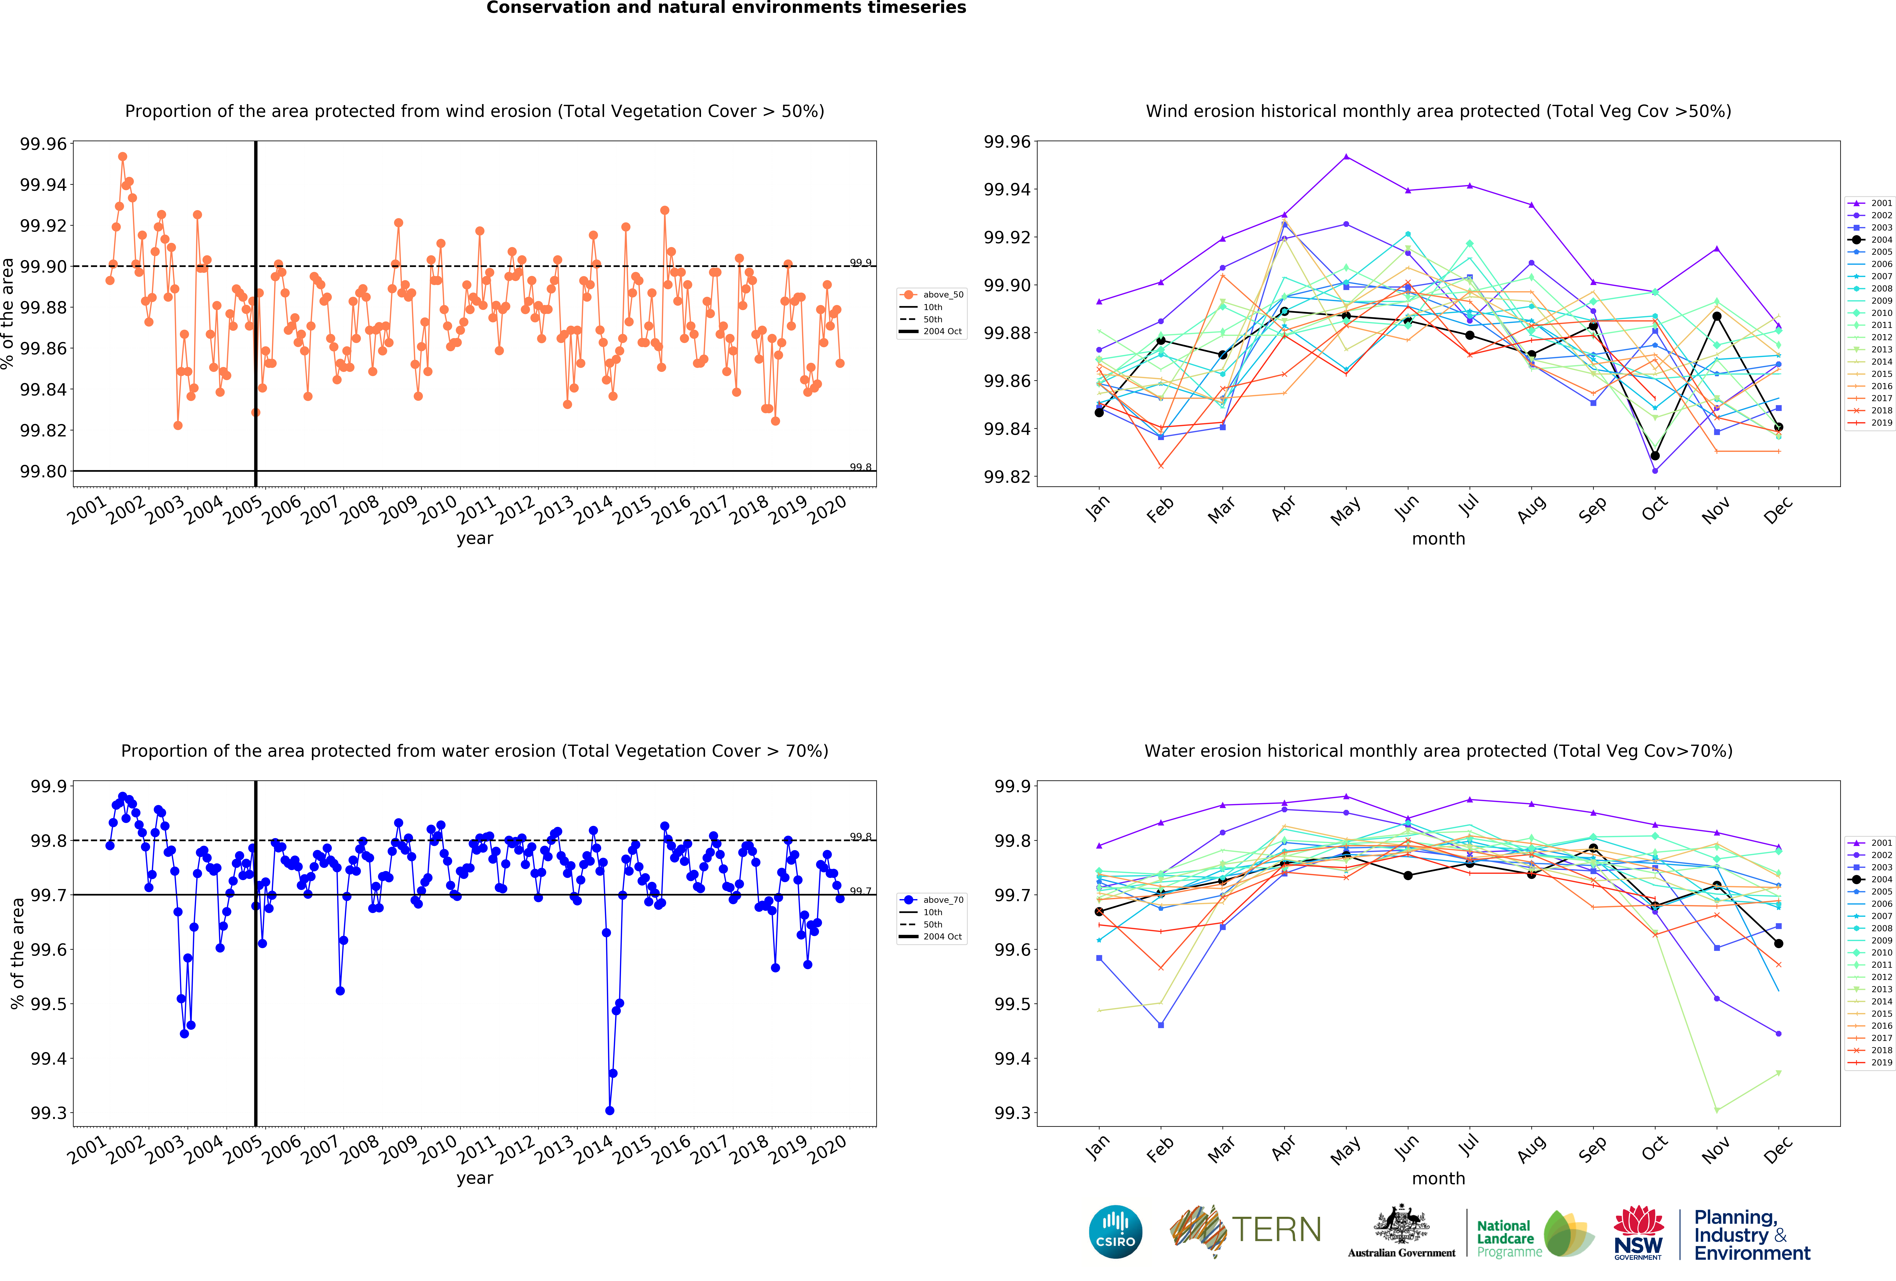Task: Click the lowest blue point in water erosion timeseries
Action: click(609, 1111)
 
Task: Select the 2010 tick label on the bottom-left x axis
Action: click(437, 1150)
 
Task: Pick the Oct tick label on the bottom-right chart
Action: click(1654, 1149)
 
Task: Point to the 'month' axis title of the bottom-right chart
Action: click(1438, 1178)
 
